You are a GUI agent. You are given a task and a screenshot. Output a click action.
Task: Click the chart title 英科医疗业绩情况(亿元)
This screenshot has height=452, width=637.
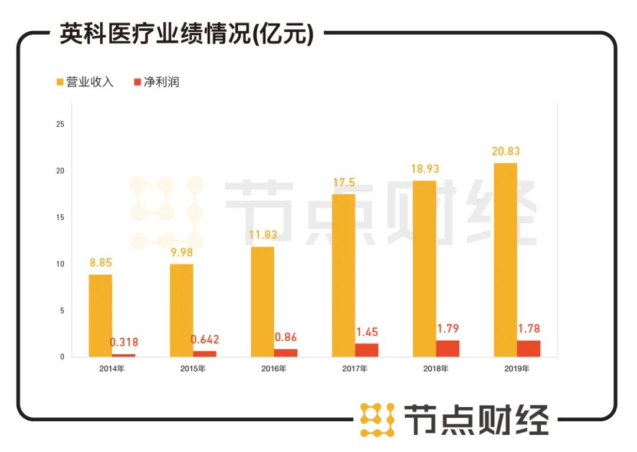point(186,35)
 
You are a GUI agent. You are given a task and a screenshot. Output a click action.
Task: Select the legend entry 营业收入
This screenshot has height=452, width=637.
point(86,82)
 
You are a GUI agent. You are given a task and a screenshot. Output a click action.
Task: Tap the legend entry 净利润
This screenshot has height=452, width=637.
point(156,82)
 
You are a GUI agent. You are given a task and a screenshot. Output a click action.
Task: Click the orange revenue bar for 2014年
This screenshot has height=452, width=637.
point(100,315)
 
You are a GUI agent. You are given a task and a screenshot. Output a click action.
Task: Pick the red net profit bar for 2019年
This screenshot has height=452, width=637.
point(528,348)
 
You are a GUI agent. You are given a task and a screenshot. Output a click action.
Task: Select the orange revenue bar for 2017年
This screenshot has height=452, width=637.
point(343,275)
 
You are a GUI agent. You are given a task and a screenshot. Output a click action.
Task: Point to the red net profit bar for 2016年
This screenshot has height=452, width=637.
point(285,352)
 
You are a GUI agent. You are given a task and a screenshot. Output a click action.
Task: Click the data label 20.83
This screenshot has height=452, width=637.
point(506,151)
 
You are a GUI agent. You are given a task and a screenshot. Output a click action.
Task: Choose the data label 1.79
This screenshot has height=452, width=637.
point(448,328)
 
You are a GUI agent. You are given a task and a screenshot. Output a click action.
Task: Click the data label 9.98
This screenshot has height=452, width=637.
point(181,252)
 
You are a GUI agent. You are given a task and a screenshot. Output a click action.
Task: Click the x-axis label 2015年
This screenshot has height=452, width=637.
point(193,369)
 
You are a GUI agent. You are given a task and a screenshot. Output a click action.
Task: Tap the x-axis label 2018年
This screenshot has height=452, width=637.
point(436,369)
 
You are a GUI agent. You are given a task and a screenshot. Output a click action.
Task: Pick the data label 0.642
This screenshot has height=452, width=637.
point(205,339)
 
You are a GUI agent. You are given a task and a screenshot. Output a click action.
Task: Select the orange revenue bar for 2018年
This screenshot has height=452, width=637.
point(424,269)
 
